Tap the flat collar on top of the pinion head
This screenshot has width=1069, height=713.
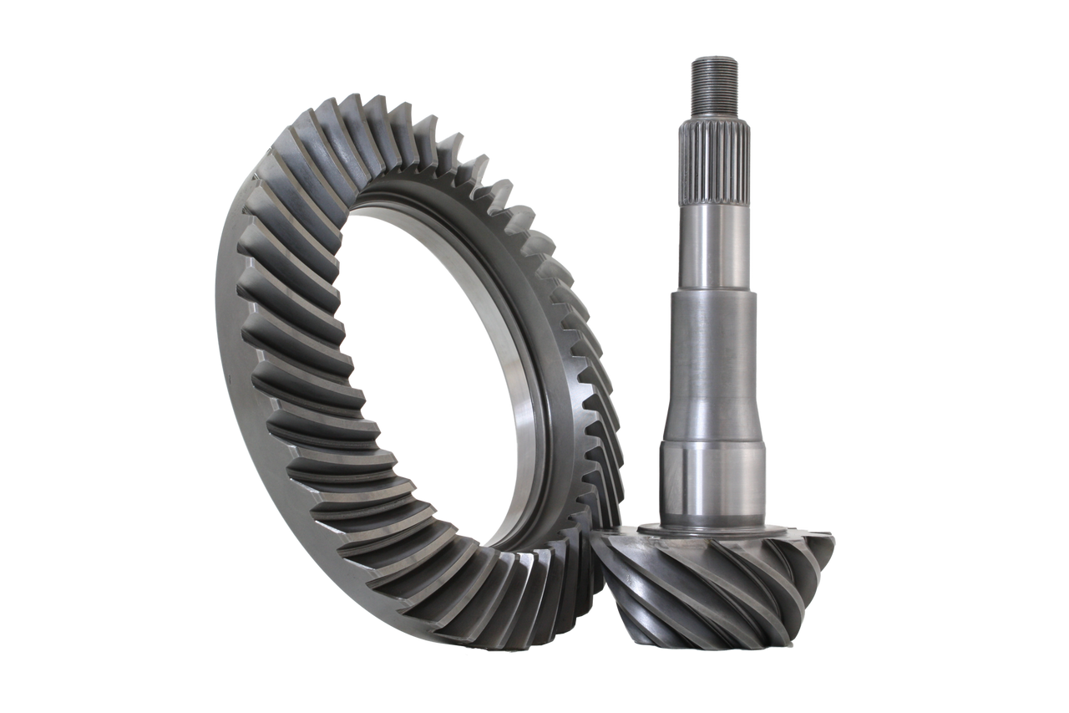tap(718, 532)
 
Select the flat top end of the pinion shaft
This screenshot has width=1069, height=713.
tap(712, 57)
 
